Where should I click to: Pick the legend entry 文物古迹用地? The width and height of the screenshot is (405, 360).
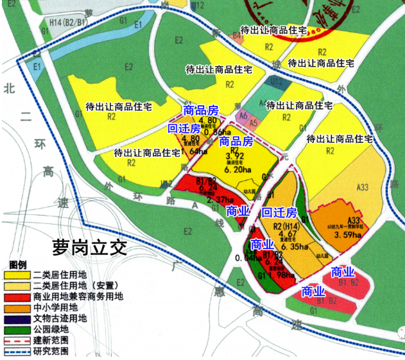[x=67, y=318]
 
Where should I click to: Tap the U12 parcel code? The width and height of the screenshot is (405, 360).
[x=275, y=81]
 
